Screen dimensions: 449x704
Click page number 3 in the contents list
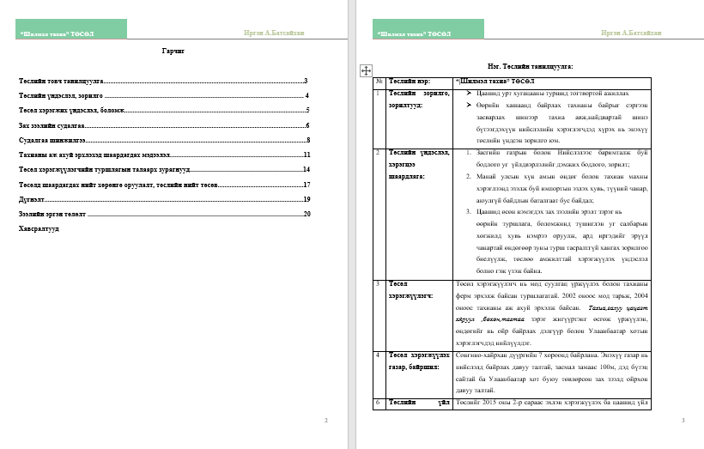click(306, 81)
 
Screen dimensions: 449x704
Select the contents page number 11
click(306, 155)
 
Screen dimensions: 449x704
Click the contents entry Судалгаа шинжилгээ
click(52, 140)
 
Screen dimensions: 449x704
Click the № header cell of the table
click(379, 81)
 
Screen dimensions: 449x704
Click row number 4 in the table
click(379, 354)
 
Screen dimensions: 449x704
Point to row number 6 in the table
click(379, 401)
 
